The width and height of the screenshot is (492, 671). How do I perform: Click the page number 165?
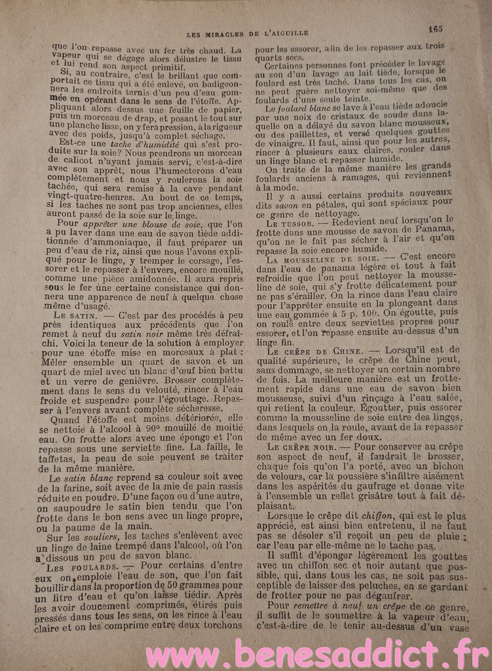pyautogui.click(x=436, y=28)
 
